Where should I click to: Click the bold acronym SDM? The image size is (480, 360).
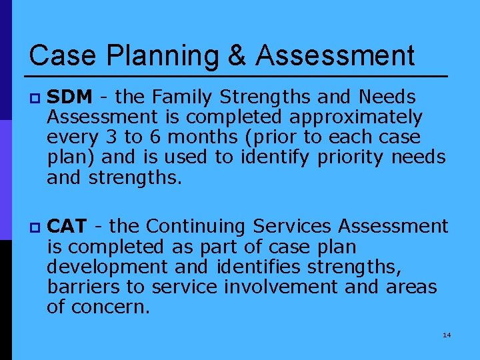(x=70, y=97)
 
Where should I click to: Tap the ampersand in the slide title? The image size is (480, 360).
(x=237, y=55)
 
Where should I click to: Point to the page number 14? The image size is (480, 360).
(x=447, y=335)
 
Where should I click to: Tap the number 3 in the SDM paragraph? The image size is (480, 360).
(x=111, y=138)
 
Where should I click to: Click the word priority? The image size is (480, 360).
(x=351, y=158)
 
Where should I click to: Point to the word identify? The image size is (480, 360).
(x=279, y=158)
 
